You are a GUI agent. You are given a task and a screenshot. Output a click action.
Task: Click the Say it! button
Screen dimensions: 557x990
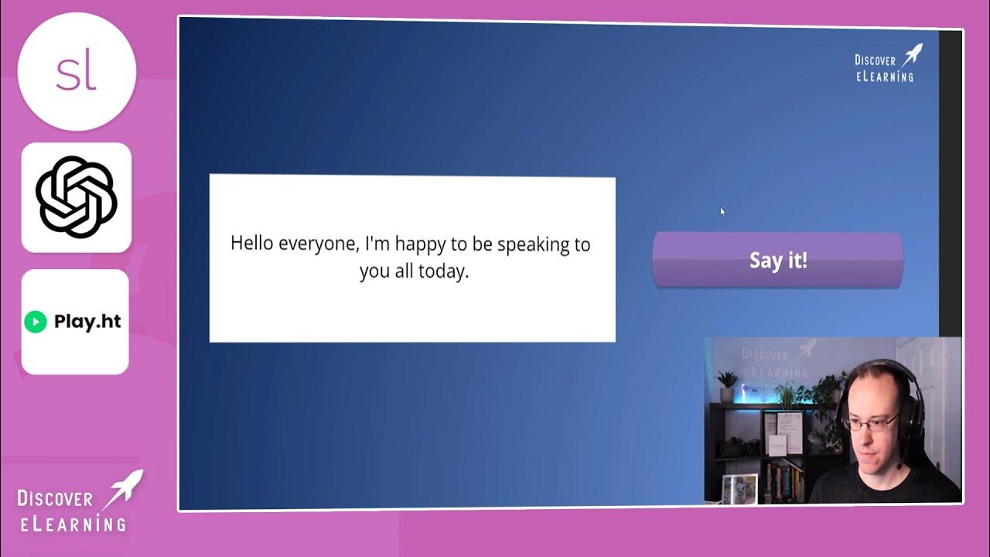(x=777, y=260)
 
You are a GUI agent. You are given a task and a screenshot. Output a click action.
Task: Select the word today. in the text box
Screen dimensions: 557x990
(x=443, y=272)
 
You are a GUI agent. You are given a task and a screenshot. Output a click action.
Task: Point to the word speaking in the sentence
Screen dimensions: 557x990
(x=533, y=244)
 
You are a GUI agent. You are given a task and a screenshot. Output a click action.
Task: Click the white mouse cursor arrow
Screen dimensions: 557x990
(x=722, y=211)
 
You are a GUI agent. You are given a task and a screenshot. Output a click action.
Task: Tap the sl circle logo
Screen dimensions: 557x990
(x=77, y=71)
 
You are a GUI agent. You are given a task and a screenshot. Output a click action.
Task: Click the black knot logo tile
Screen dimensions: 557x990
(x=76, y=196)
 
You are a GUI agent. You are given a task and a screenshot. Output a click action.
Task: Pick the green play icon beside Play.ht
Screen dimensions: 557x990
(x=36, y=322)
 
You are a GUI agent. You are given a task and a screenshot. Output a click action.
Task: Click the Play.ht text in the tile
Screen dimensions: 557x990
(x=87, y=322)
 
